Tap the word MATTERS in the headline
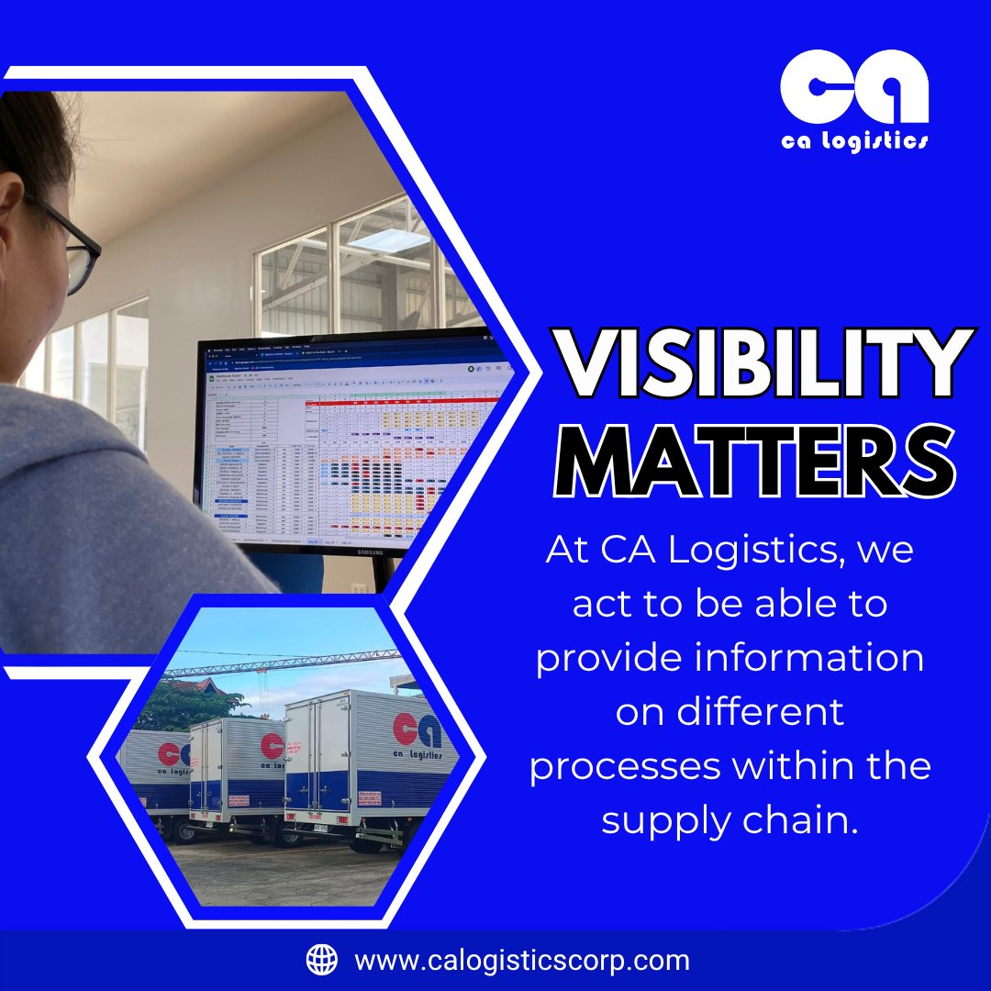[755, 462]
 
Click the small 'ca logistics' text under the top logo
[854, 140]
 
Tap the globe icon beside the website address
[321, 960]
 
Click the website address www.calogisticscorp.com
[521, 961]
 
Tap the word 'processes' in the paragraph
[624, 767]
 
